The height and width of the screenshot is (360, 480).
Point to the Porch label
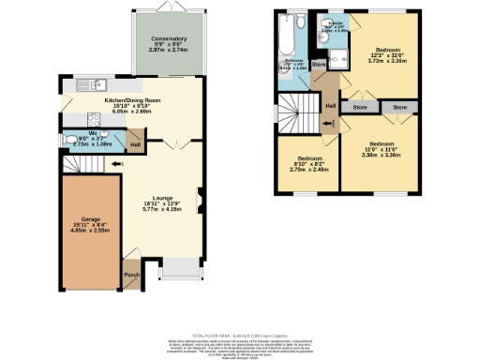[x=131, y=276]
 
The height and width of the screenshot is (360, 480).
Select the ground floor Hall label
[x=135, y=144]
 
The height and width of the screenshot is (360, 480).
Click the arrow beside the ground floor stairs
[x=116, y=165]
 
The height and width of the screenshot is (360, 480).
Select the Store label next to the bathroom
[x=318, y=65]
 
